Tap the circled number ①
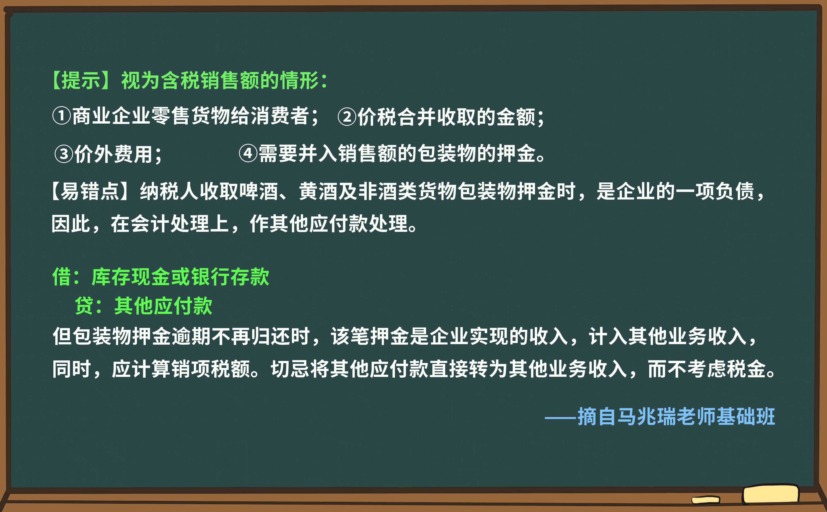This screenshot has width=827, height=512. pyautogui.click(x=61, y=116)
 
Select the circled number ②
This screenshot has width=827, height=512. pyautogui.click(x=347, y=117)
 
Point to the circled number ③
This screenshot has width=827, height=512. pyautogui.click(x=64, y=154)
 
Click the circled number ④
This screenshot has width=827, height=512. pyautogui.click(x=248, y=153)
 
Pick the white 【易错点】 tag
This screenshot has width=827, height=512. pyautogui.click(x=90, y=192)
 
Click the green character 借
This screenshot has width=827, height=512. pyautogui.click(x=61, y=277)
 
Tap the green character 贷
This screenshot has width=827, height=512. pyautogui.click(x=84, y=306)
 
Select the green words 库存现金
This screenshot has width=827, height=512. pyautogui.click(x=130, y=277)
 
